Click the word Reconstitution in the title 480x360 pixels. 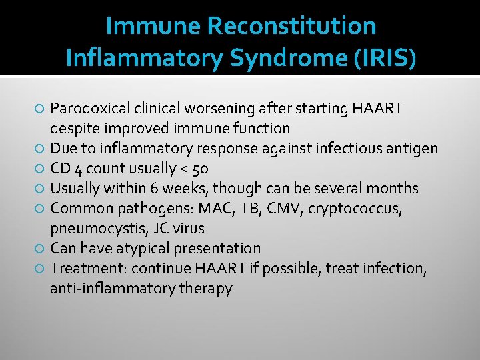[292, 26]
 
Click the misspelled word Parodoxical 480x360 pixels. [90, 108]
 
